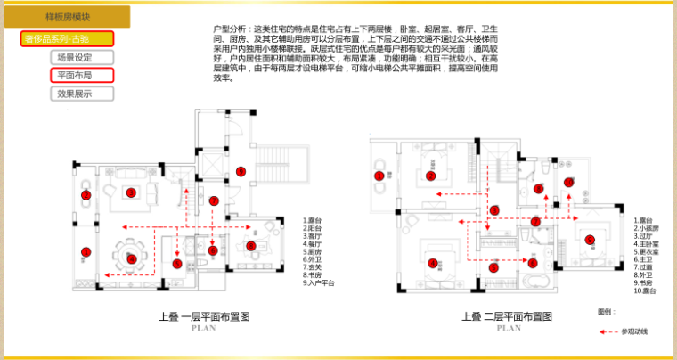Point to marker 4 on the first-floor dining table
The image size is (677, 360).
132,258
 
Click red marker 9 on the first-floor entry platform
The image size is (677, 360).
240,171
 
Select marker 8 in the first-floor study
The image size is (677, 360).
250,246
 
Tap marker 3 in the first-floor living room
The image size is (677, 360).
130,192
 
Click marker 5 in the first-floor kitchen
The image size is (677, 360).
176,264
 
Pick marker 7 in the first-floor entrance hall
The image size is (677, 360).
213,201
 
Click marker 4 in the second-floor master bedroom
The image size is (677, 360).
432,262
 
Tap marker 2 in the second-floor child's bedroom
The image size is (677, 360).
430,176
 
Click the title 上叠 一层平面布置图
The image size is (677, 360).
204,316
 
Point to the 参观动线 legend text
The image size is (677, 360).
634,331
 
